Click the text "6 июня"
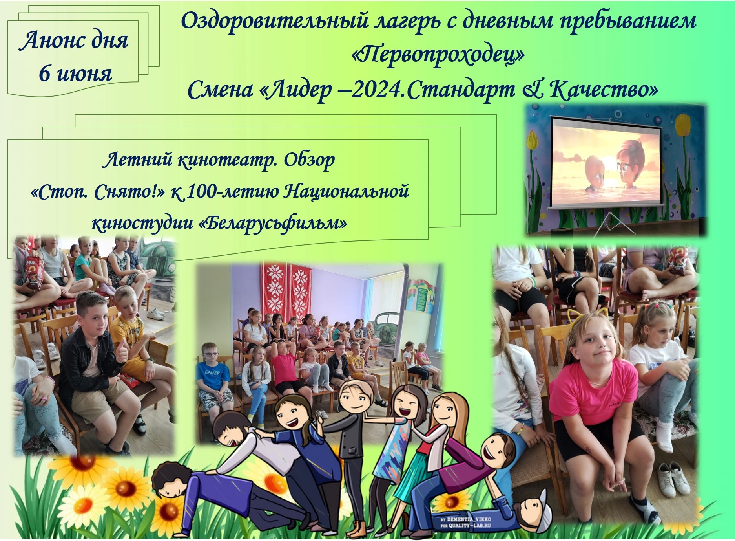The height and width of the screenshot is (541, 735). (x=75, y=73)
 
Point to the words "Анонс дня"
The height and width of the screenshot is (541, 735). (x=74, y=40)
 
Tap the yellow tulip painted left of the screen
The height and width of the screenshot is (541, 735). (x=532, y=140)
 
